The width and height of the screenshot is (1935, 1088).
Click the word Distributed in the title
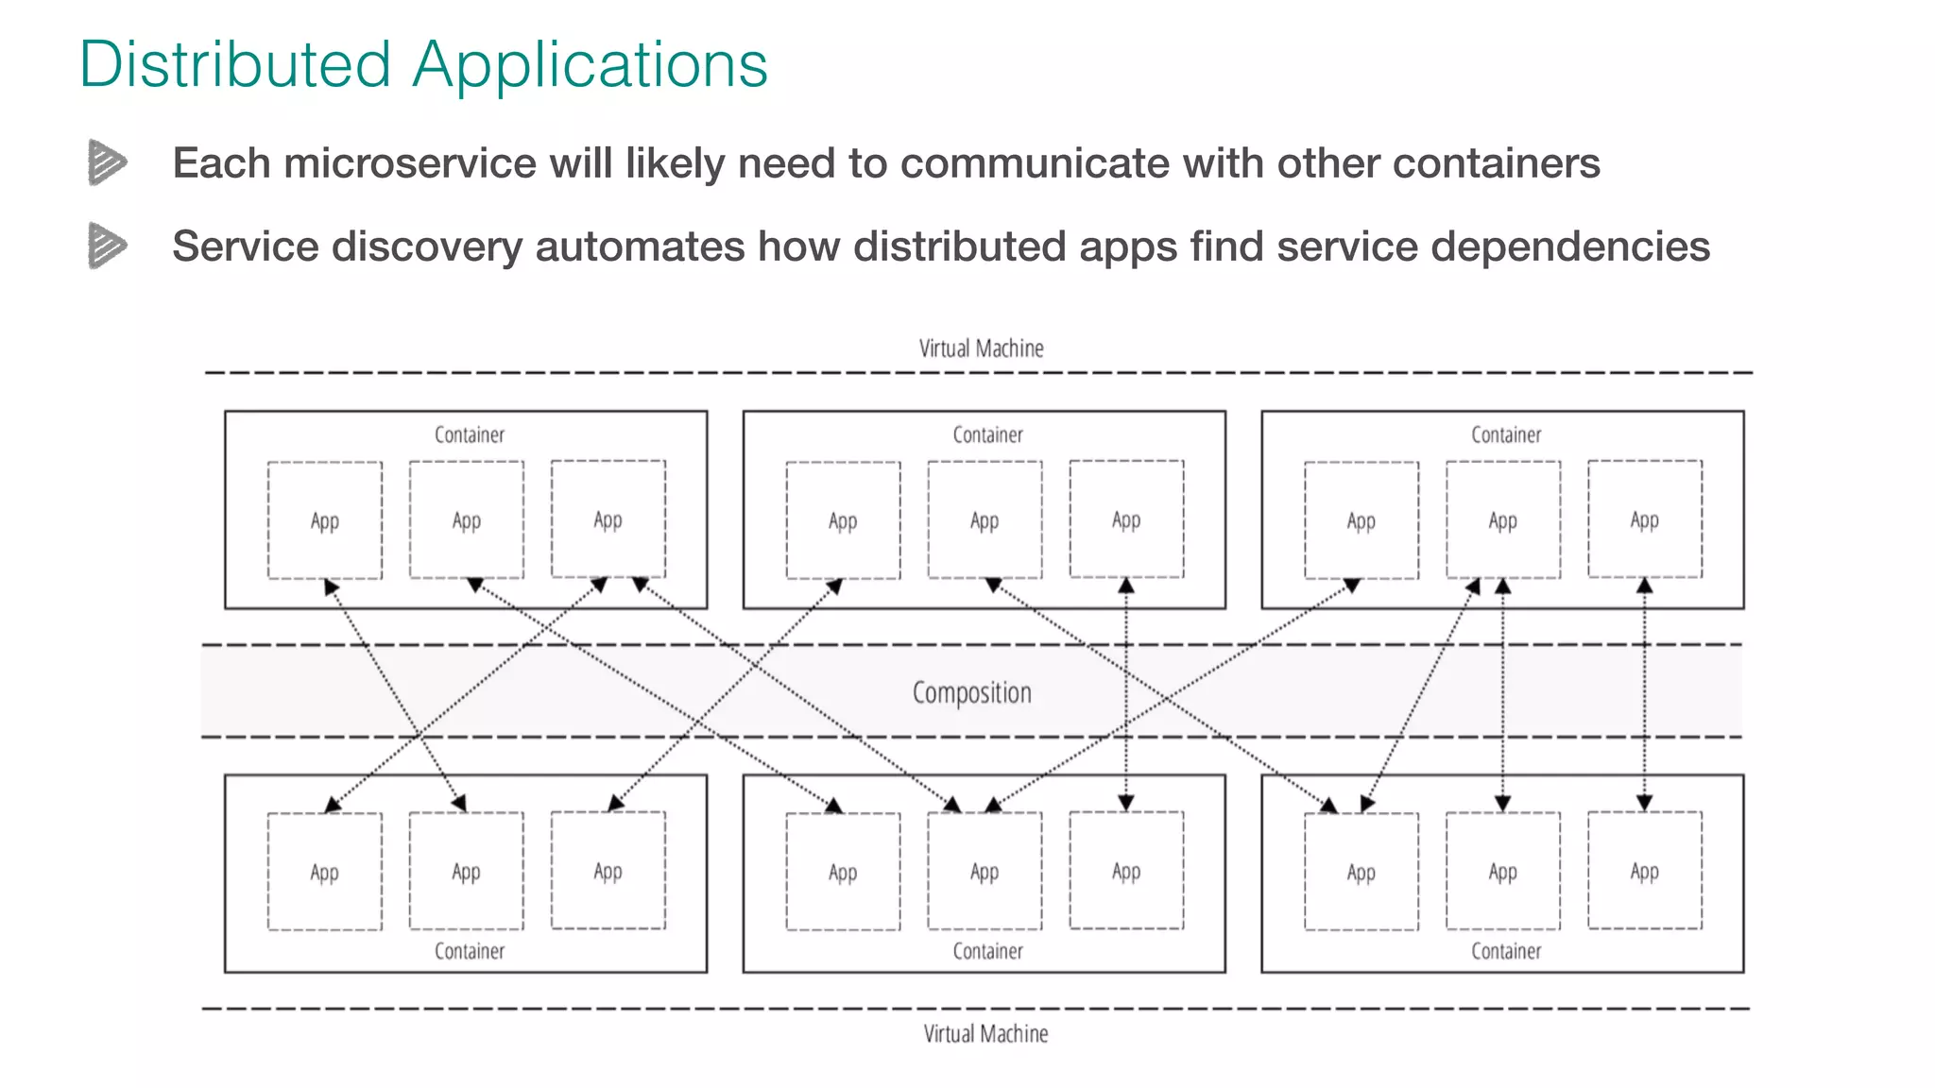tap(234, 64)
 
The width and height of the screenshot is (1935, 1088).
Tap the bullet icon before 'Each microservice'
tap(107, 162)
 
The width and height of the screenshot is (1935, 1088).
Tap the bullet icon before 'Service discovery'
tap(107, 246)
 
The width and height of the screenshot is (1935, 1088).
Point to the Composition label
tap(971, 692)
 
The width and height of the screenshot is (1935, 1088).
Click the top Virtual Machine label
tap(981, 348)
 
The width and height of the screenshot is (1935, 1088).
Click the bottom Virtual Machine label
tap(985, 1034)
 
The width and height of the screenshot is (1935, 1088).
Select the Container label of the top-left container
tap(469, 434)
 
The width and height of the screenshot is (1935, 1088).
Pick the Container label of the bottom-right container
tap(1505, 951)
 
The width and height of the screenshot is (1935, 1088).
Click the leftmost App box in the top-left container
tap(324, 520)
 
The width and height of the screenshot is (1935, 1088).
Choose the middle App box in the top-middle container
tap(985, 520)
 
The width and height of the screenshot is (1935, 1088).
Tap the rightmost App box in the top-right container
tap(1644, 519)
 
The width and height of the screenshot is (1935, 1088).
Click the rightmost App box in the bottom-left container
tap(608, 871)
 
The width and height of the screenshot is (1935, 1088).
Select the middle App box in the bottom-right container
tap(1502, 871)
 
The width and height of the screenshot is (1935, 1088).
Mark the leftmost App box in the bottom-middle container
tap(843, 872)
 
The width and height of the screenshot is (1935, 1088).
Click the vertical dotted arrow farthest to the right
tap(1644, 694)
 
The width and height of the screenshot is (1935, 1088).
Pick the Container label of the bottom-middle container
tap(987, 951)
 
